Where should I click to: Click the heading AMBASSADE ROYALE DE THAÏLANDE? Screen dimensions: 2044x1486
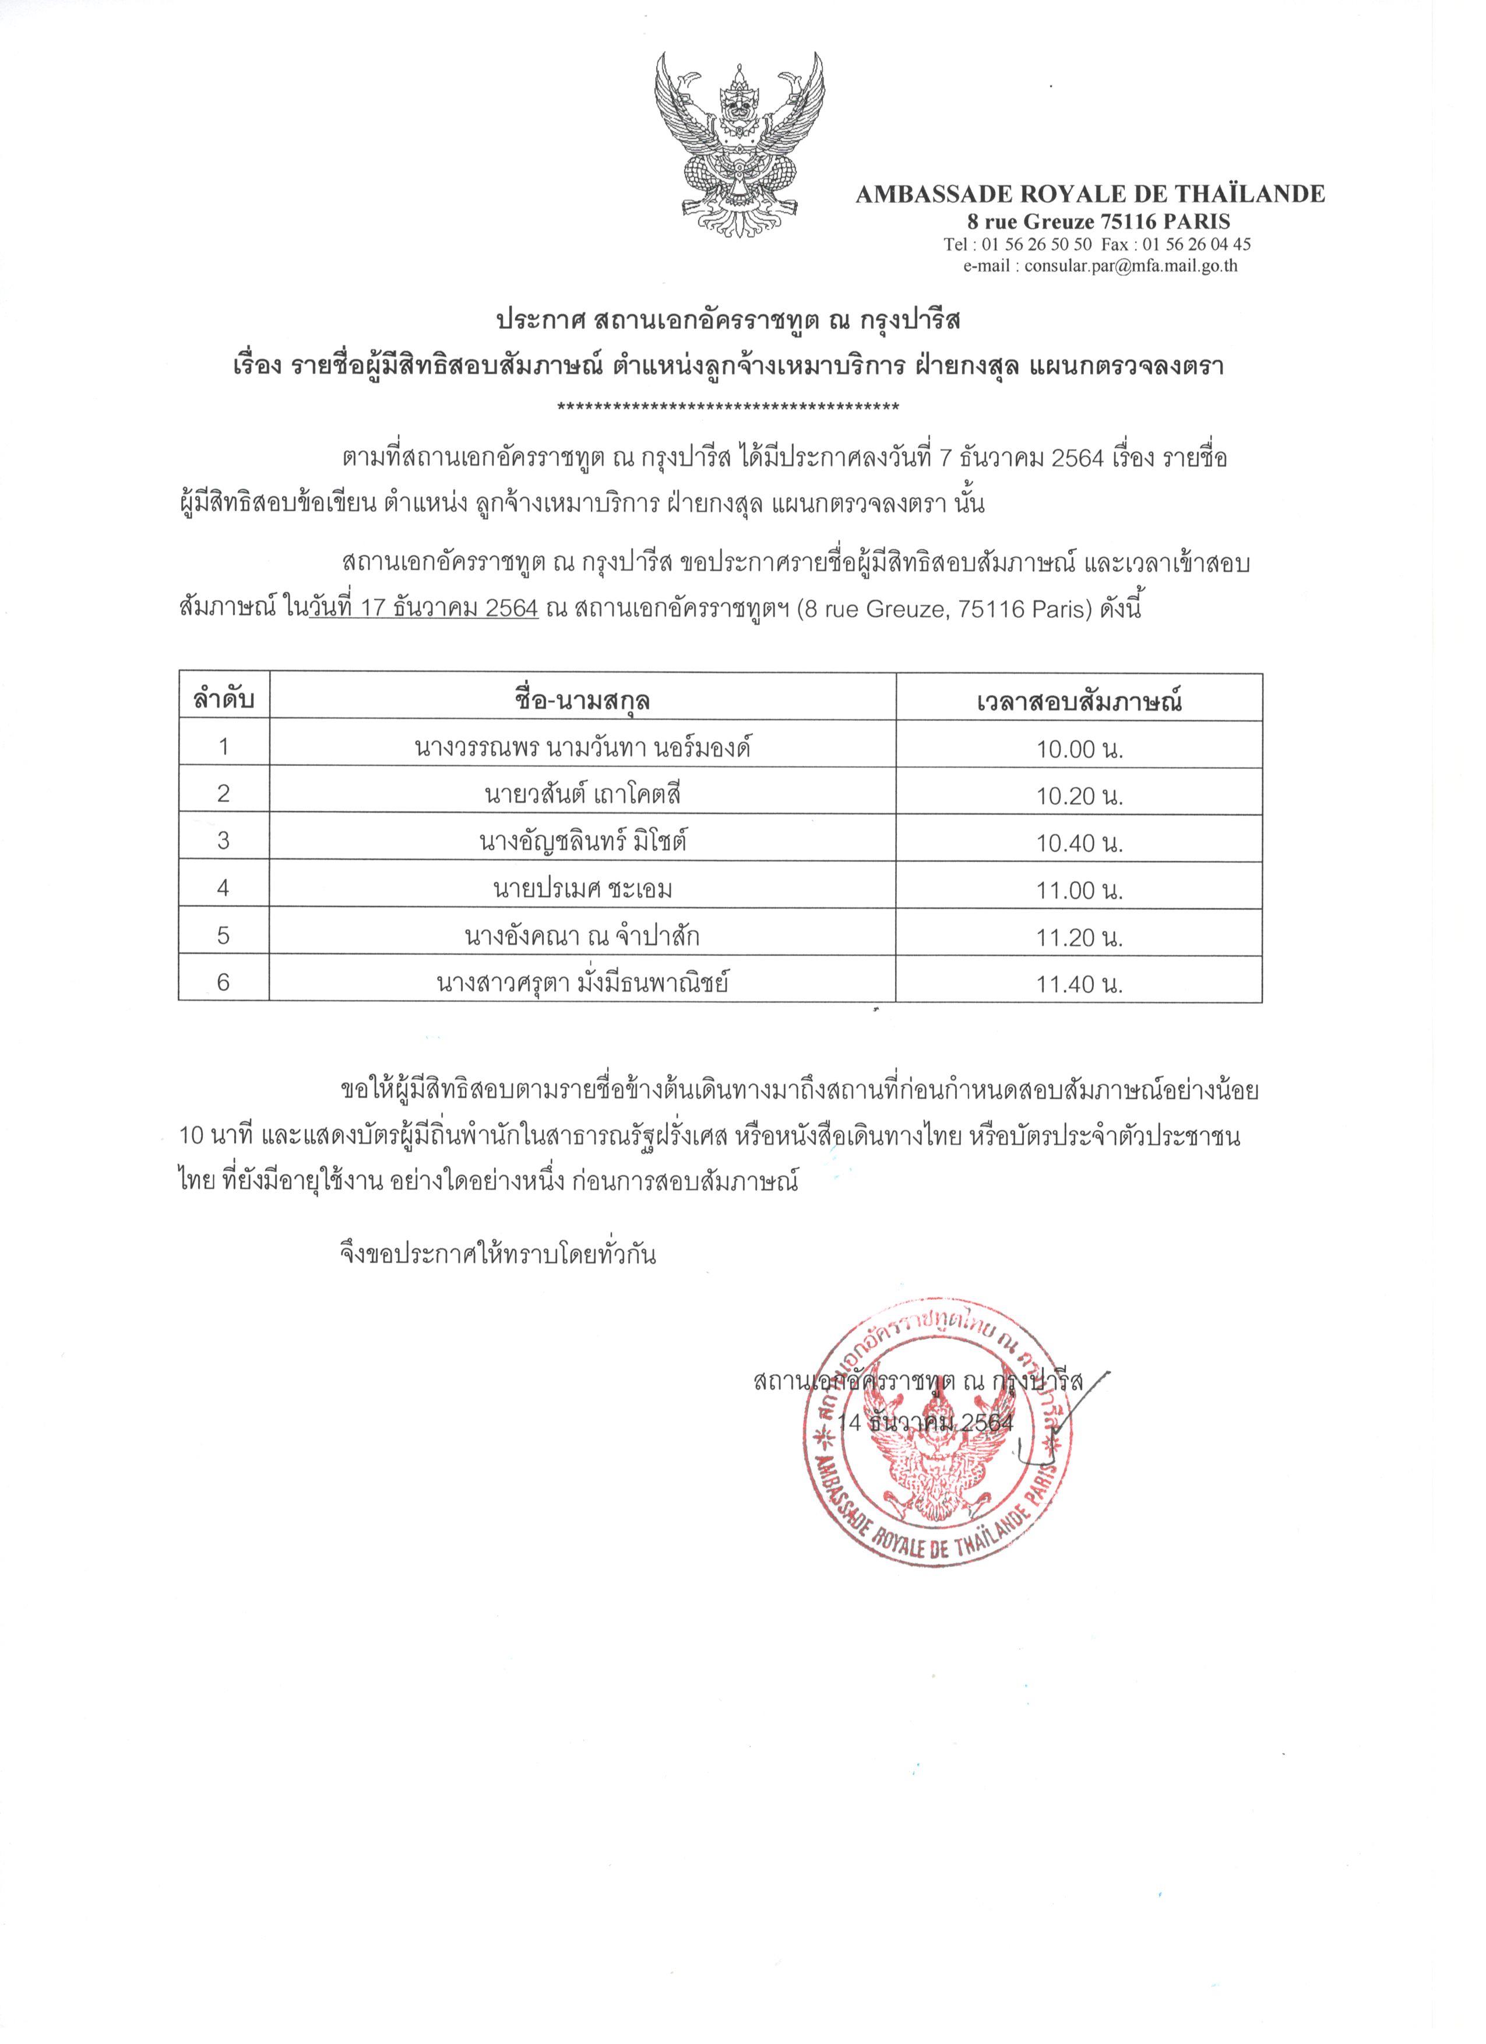point(1090,194)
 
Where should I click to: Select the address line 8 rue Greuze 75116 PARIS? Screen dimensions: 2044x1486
point(1098,221)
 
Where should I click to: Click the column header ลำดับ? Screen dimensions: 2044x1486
point(224,700)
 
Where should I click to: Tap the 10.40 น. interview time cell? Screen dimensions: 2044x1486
point(1079,843)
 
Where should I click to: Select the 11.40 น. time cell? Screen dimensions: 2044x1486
point(1079,985)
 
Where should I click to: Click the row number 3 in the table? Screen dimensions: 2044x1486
point(224,841)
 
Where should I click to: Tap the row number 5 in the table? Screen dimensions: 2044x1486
point(224,935)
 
